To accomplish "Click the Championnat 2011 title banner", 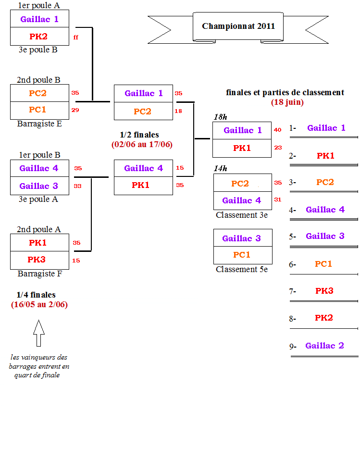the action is tap(238, 28).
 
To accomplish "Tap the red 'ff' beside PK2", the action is tap(76, 37).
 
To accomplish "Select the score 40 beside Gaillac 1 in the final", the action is tap(278, 130).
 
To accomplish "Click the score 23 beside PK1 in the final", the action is tap(278, 148).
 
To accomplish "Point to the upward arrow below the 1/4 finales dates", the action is tap(39, 333).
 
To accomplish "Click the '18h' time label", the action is tap(221, 117).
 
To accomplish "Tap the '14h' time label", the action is tap(221, 168).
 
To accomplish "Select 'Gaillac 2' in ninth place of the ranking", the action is tap(324, 346).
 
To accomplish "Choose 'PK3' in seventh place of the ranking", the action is tap(324, 291).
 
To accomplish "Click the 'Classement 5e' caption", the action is tap(242, 269).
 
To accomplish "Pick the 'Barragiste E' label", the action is tap(39, 124).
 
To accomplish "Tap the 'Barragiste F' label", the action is tap(40, 274).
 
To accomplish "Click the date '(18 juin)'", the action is tap(287, 102).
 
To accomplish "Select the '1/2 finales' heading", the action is tap(139, 135).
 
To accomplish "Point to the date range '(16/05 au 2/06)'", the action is tap(39, 304).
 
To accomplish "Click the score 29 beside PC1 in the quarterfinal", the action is tap(75, 110).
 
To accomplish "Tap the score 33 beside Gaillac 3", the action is tap(77, 186).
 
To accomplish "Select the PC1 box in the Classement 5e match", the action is tap(243, 255).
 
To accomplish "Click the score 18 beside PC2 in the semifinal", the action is tap(178, 111).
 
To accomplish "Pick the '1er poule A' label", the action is tap(39, 5).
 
